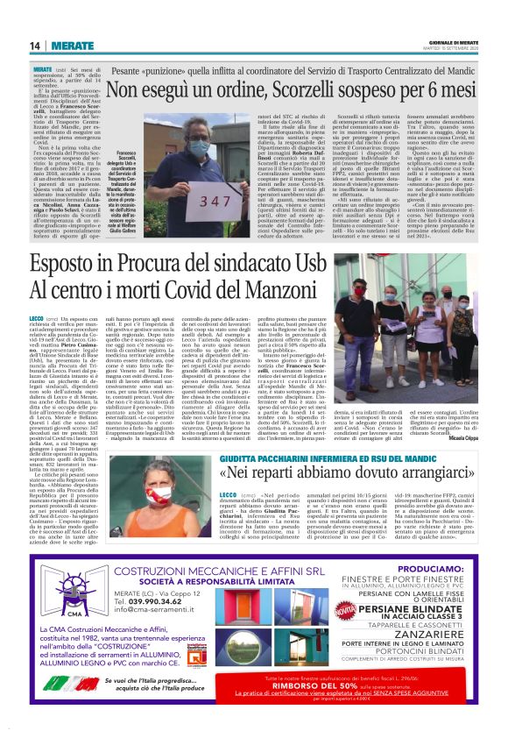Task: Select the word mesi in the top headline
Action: coord(456,90)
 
